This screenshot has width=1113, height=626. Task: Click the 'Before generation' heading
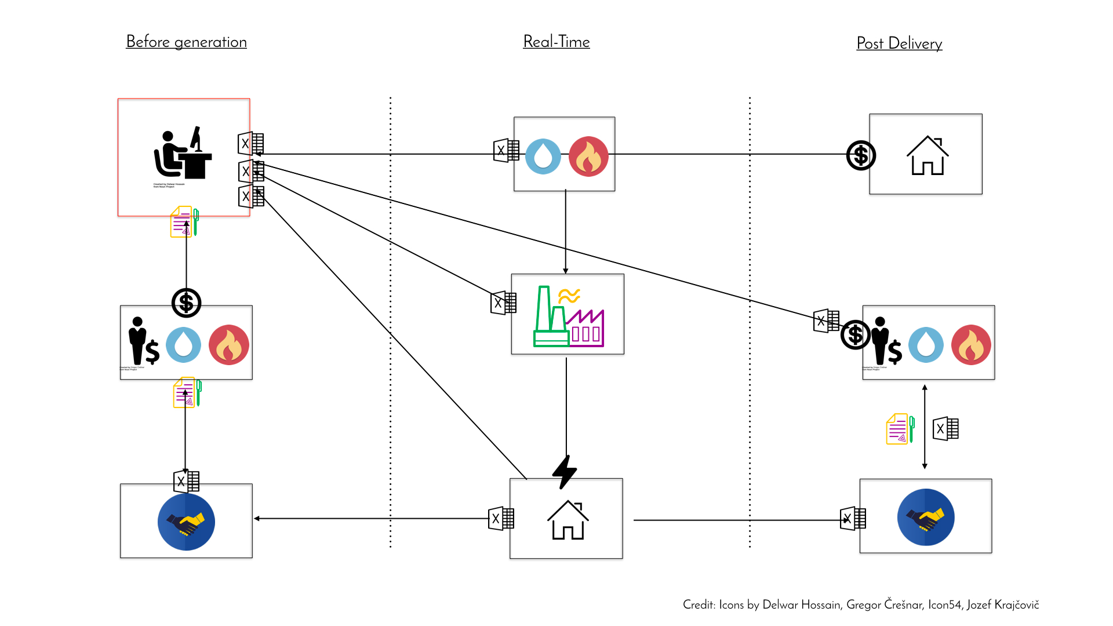(x=186, y=42)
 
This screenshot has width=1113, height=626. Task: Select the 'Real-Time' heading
(x=556, y=42)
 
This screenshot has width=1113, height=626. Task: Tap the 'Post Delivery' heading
(x=899, y=43)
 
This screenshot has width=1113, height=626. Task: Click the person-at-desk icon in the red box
(x=183, y=153)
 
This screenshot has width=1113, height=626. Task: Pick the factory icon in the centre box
(x=568, y=316)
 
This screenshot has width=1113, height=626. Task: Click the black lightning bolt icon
(x=564, y=471)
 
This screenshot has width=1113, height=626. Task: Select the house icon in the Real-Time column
(x=568, y=520)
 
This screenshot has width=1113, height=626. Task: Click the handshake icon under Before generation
(x=186, y=522)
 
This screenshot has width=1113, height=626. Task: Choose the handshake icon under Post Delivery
(x=926, y=517)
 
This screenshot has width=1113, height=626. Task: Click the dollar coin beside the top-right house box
(x=861, y=155)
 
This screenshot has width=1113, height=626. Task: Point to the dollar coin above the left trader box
(x=186, y=303)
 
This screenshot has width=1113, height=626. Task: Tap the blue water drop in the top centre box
(x=543, y=156)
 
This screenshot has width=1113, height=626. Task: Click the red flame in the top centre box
(x=588, y=156)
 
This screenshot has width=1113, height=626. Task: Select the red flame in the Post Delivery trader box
(x=971, y=345)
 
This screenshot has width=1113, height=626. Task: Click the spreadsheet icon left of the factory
(x=503, y=303)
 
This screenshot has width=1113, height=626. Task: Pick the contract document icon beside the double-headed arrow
(x=900, y=429)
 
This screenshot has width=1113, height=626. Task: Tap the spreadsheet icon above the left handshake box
(x=187, y=481)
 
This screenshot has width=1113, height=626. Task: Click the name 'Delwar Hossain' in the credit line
(x=801, y=605)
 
